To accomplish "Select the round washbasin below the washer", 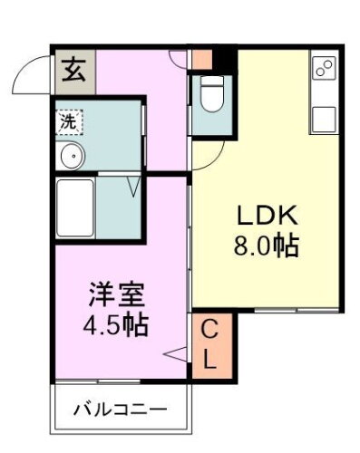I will (72, 157).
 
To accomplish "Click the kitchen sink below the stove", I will (323, 117).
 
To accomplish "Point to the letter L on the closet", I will (209, 359).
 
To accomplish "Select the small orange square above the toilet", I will (202, 60).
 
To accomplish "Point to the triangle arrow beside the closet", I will (176, 353).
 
